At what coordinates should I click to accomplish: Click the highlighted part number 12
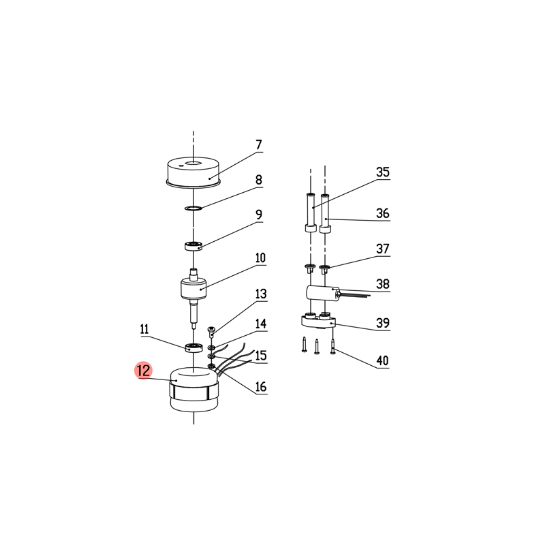click(144, 370)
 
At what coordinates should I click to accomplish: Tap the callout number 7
click(259, 144)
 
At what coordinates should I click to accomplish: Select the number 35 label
click(383, 172)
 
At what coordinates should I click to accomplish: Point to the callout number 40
click(382, 360)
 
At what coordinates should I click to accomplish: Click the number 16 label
click(261, 386)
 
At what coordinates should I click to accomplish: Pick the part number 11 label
click(144, 329)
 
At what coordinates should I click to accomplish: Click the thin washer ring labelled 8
click(193, 208)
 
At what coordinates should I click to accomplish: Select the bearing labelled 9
click(193, 246)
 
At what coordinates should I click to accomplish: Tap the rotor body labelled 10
click(193, 288)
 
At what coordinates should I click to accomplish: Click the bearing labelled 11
click(193, 347)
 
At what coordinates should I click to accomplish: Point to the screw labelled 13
click(211, 331)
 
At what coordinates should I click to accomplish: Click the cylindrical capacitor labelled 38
click(322, 293)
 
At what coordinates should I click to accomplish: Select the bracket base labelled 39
click(318, 321)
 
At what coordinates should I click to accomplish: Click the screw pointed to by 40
click(333, 347)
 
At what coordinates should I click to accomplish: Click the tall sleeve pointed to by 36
click(325, 214)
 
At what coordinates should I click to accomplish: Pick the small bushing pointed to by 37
click(324, 268)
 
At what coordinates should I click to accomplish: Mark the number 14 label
click(261, 324)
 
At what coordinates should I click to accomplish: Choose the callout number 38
click(383, 283)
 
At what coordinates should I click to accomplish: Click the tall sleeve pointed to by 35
click(311, 213)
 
